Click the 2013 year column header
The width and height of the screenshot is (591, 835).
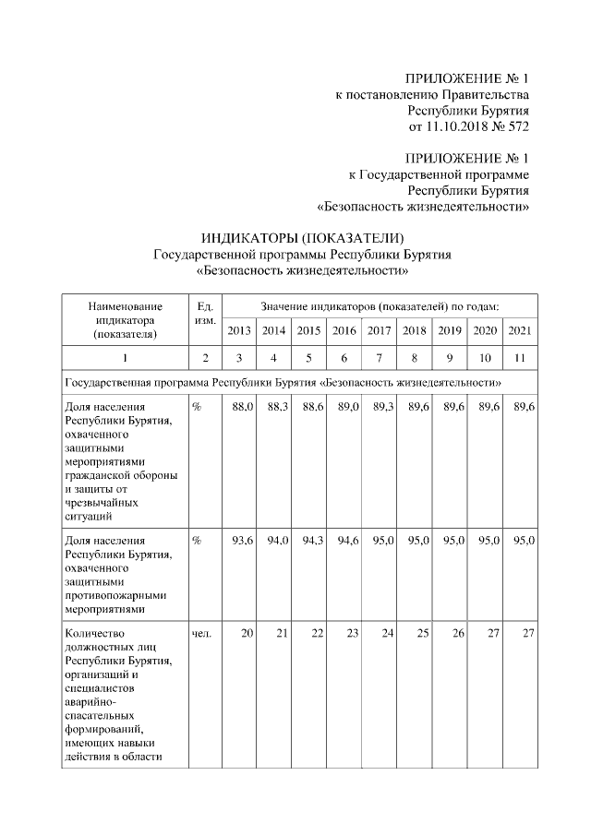pyautogui.click(x=240, y=330)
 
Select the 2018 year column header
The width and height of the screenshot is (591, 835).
pyautogui.click(x=415, y=330)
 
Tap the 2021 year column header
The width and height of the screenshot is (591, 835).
pyautogui.click(x=520, y=330)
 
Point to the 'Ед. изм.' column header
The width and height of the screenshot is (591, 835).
pyautogui.click(x=205, y=313)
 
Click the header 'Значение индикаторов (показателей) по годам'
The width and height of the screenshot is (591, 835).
pyautogui.click(x=380, y=305)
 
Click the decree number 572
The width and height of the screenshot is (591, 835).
pyautogui.click(x=518, y=125)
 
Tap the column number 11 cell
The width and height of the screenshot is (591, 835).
pyautogui.click(x=520, y=358)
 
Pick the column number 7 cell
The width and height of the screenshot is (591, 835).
pyautogui.click(x=380, y=358)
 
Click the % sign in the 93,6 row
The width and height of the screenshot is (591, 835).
pyautogui.click(x=196, y=540)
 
